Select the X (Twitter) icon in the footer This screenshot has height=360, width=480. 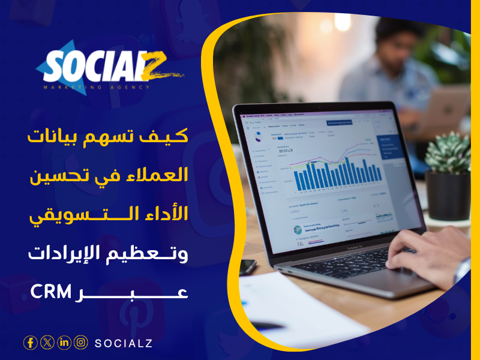click(47, 343)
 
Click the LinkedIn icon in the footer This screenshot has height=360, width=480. click(64, 343)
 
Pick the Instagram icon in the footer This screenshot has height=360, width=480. click(81, 343)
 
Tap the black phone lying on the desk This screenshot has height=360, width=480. click(247, 266)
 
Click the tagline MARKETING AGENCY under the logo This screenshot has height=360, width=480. click(96, 87)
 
